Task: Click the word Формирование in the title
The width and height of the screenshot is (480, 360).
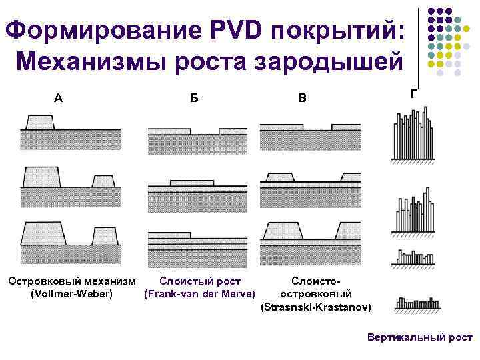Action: [x=101, y=30]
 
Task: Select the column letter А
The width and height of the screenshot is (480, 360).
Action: [x=59, y=98]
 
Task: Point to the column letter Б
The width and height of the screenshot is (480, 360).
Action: [x=193, y=98]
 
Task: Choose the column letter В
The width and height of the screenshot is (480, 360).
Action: [x=303, y=98]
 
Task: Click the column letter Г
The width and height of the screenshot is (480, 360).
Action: [x=414, y=93]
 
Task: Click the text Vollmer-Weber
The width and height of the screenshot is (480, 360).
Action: [x=72, y=294]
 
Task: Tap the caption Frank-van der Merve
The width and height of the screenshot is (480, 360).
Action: [x=200, y=294]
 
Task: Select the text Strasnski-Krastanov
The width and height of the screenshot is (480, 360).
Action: [x=317, y=307]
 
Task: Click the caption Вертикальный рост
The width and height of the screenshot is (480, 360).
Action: [x=420, y=337]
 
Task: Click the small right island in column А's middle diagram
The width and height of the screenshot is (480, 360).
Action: [x=103, y=181]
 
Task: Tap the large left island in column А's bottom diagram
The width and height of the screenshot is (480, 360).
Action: [x=44, y=233]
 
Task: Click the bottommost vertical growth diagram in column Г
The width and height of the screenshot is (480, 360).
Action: [x=414, y=305]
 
